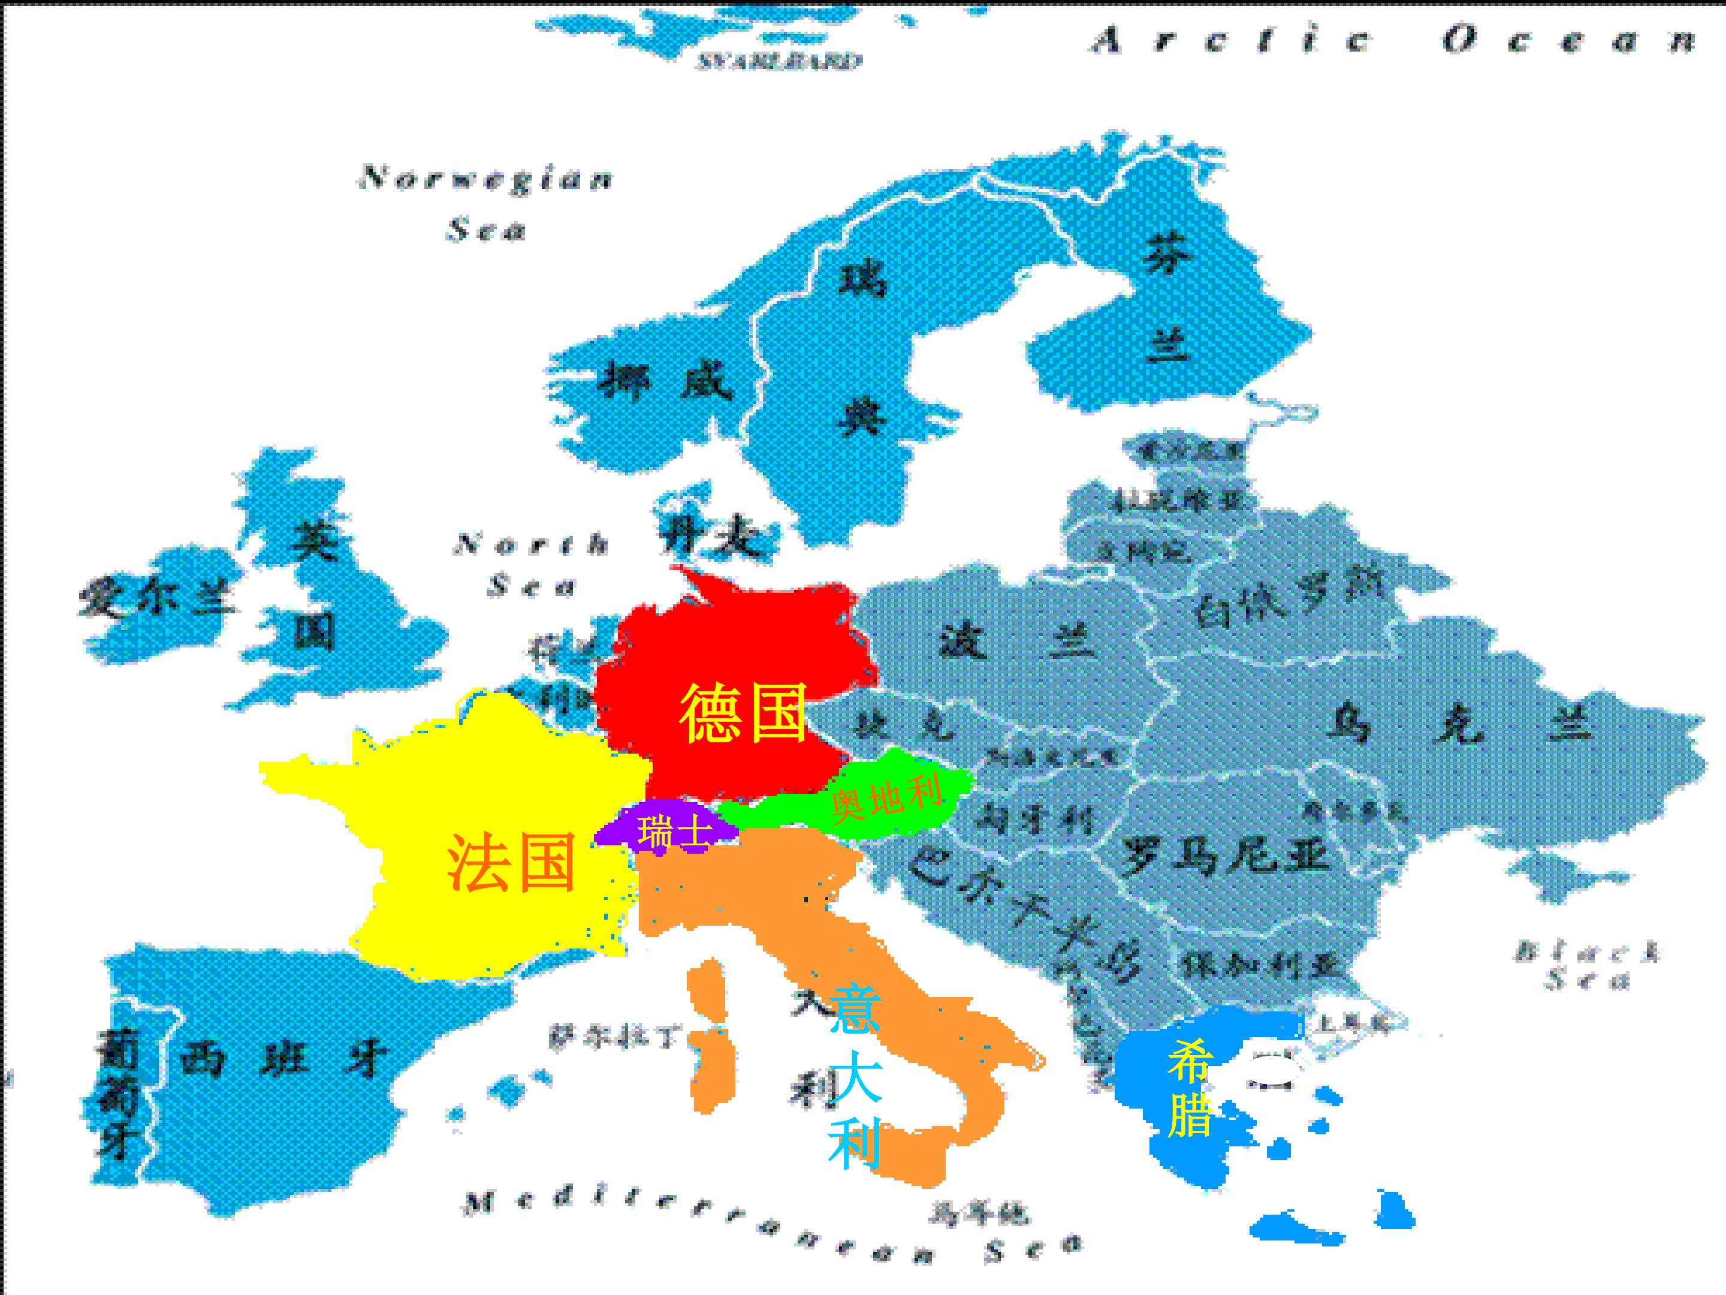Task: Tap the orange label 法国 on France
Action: click(511, 863)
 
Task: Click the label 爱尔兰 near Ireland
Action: click(156, 600)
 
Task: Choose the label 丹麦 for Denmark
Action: click(708, 538)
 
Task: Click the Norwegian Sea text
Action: click(485, 203)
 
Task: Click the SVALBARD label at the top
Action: click(778, 62)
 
